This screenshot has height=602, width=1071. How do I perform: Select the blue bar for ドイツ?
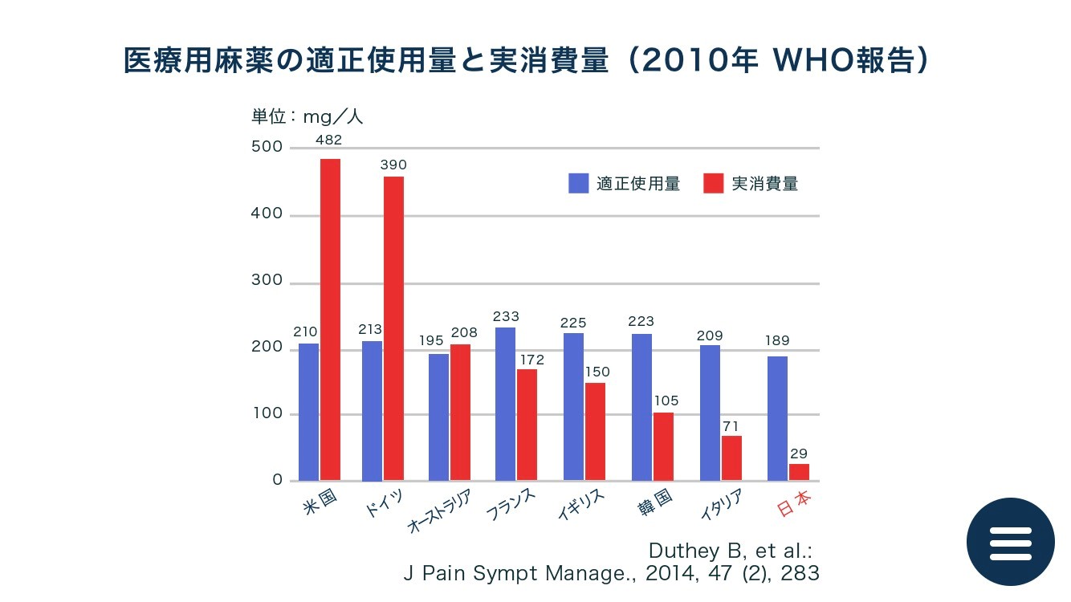coord(372,410)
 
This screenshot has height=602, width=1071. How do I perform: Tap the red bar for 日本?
coord(799,472)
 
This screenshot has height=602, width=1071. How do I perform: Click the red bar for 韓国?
coord(663,446)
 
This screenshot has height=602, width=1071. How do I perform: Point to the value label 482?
coord(329,140)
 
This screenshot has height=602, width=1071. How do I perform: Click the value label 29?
coord(799,454)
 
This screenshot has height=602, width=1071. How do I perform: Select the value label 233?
coord(506,317)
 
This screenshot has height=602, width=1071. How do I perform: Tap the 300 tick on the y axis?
coord(267,281)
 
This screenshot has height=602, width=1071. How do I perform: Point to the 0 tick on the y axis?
coord(277,480)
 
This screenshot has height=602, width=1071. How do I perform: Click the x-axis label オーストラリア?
coord(438,513)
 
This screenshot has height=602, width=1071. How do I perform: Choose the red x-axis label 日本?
coord(795,503)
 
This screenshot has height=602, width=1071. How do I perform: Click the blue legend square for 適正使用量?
coord(579,184)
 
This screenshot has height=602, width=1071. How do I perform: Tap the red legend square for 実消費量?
coord(714,184)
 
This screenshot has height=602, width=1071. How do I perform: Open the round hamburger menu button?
coord(1010,542)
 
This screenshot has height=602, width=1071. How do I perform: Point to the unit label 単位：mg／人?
coord(307,116)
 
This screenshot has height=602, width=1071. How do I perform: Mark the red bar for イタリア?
coord(731,458)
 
